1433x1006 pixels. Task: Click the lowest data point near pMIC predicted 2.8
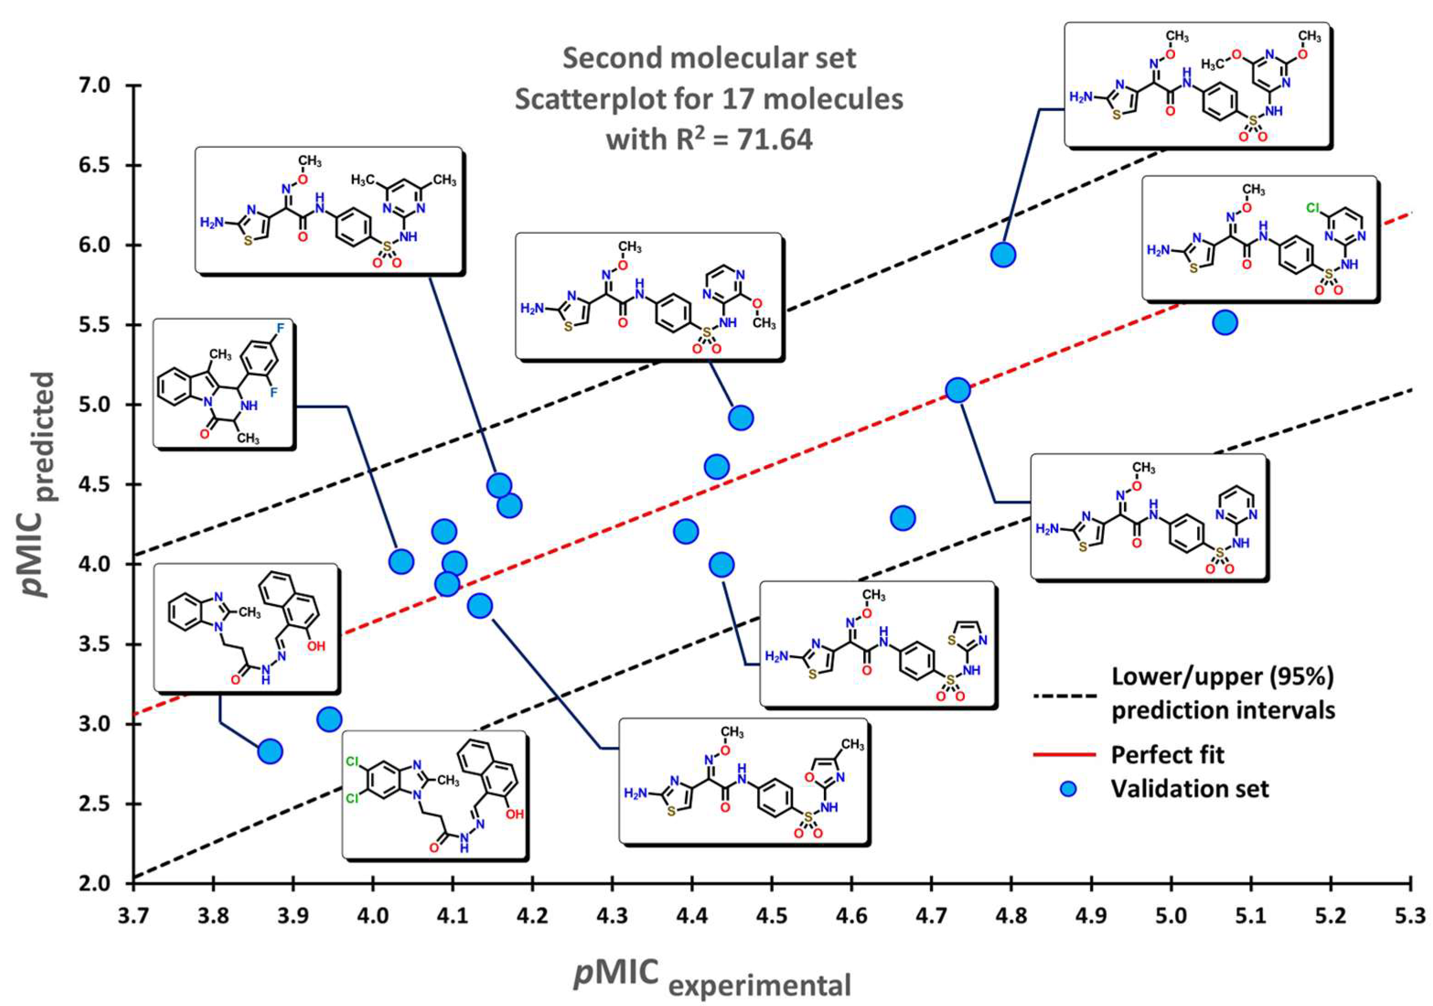tap(270, 751)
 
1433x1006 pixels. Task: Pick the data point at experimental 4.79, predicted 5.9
tap(1004, 255)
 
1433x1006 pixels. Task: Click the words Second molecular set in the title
tap(709, 59)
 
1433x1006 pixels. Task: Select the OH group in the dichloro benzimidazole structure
tap(514, 815)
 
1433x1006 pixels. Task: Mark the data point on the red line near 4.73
tap(958, 391)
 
